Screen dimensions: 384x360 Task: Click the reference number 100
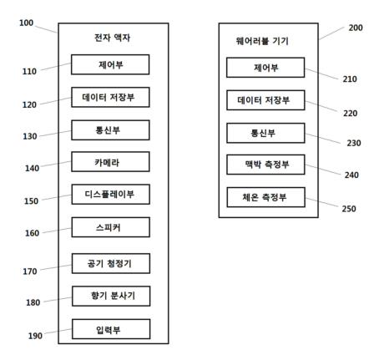tap(26, 23)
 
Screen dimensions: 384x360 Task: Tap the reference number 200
tap(356, 28)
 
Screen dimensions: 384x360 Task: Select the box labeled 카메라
tap(110, 162)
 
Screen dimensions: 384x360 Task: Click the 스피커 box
tap(111, 227)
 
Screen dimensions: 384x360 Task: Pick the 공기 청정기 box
tap(111, 263)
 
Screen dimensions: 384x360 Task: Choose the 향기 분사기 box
tap(111, 296)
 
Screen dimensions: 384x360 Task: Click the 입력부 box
tap(111, 329)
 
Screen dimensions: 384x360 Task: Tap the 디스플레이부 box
tap(110, 195)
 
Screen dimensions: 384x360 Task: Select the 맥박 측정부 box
tap(265, 165)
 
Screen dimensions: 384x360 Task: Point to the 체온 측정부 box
tap(266, 197)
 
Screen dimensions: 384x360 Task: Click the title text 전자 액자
tap(113, 38)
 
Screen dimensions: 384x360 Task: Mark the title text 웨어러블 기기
tap(262, 41)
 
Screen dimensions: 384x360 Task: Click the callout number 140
tap(32, 168)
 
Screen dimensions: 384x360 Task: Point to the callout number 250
tap(349, 209)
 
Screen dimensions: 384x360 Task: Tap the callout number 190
tap(35, 336)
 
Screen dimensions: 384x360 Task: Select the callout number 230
tap(354, 143)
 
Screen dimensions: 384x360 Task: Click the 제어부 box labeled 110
tap(110, 64)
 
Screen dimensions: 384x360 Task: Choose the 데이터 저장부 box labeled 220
tap(265, 100)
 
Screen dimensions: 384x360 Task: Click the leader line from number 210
tap(321, 74)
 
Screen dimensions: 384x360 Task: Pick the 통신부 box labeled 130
tap(110, 130)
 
